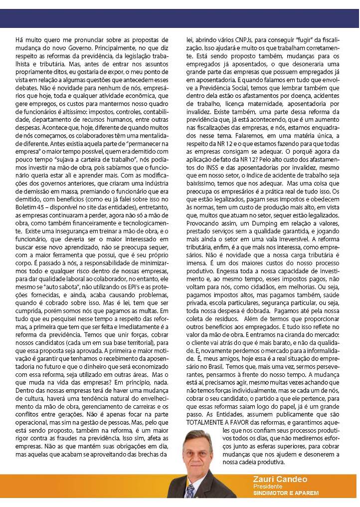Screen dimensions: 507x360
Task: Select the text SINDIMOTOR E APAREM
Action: point(285,494)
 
